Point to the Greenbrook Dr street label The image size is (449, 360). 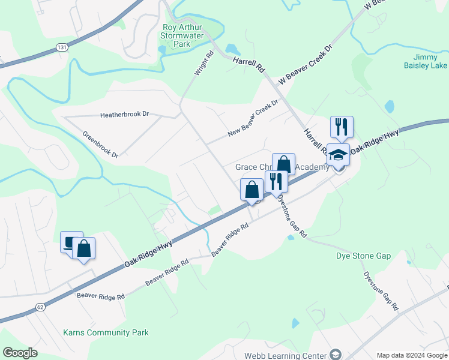click(100, 145)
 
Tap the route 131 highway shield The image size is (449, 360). click(61, 46)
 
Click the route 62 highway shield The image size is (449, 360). click(40, 307)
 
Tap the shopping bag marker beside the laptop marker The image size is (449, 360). click(84, 248)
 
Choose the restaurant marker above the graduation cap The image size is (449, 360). click(341, 127)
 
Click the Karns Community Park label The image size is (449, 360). click(106, 332)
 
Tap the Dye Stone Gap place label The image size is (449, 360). click(363, 256)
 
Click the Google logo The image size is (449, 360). click(20, 353)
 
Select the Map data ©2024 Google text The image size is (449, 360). click(411, 355)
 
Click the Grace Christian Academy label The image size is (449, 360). click(282, 167)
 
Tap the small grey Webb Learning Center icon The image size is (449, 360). click(336, 355)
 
